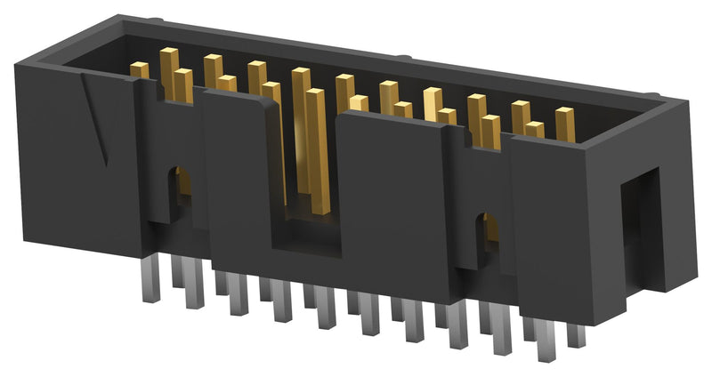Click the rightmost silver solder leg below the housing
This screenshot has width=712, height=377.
click(x=577, y=336)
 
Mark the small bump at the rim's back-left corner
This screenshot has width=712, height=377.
click(x=153, y=19)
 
